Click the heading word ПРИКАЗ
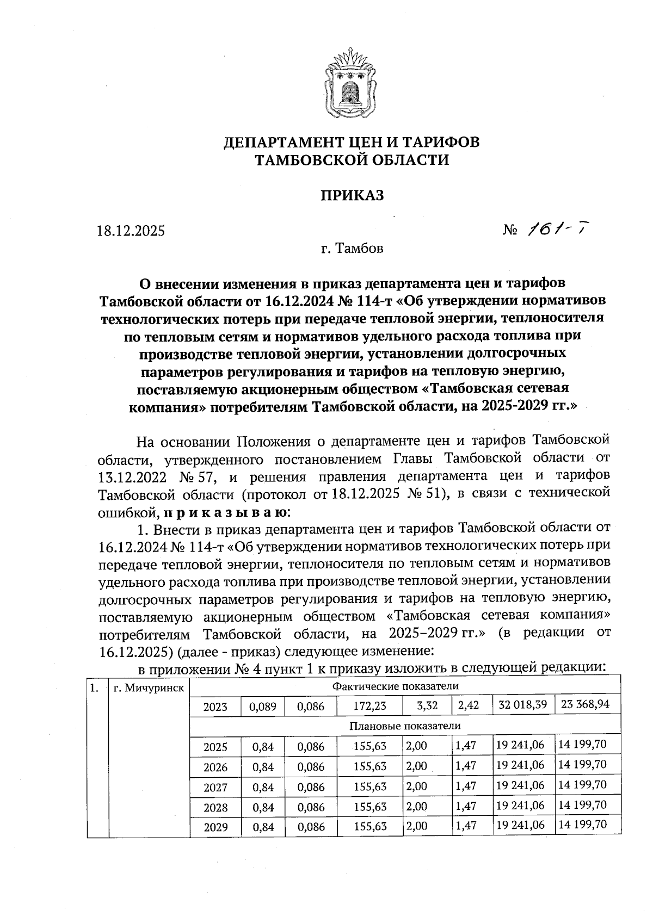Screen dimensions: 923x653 point(352,195)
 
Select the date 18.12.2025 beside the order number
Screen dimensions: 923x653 point(131,231)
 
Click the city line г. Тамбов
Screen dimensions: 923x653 point(352,249)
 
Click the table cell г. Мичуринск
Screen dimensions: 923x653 point(149,688)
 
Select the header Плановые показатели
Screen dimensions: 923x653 point(405,726)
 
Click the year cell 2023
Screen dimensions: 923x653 point(215,707)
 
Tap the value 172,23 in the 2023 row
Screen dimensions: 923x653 point(369,706)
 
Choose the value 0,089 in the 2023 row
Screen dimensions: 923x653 point(263,707)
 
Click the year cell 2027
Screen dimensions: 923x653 point(215,788)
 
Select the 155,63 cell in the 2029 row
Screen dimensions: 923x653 point(369,827)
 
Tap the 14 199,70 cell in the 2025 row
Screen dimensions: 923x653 point(582,745)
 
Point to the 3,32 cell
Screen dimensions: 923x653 point(427,706)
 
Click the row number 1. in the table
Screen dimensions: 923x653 point(94,688)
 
